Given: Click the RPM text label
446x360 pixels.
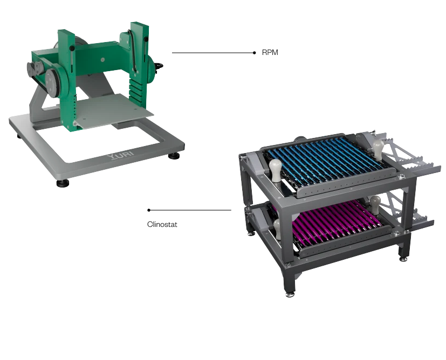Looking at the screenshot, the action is point(270,53).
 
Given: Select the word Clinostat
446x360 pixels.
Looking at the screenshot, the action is point(162,225).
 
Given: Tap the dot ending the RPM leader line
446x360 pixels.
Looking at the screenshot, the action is point(255,53).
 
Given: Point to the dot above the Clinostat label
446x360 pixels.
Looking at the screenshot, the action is point(149,210).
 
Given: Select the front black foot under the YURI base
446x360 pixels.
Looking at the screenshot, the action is point(63,183).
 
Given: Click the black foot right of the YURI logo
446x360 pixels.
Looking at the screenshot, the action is point(174,156).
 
